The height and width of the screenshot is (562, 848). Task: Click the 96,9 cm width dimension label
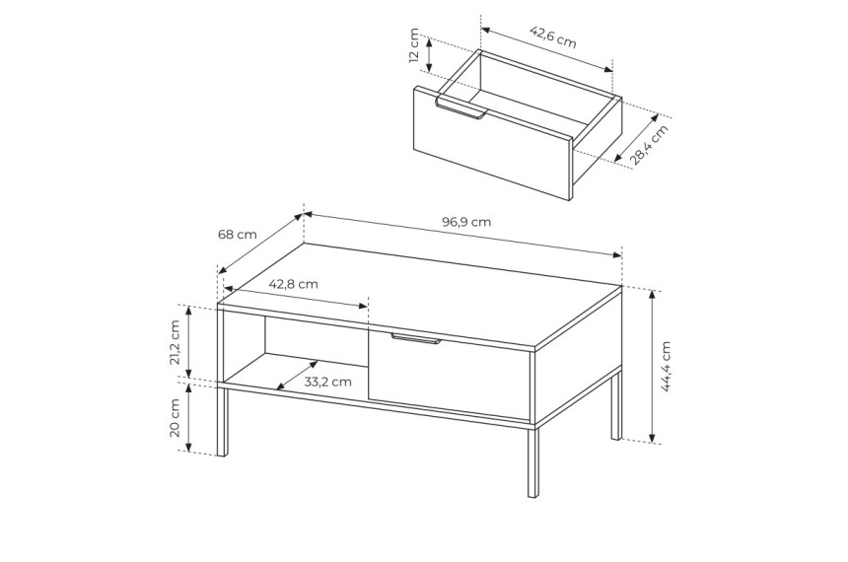(466, 222)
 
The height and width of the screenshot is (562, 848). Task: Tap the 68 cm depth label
(237, 235)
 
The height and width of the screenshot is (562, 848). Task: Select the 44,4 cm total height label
(666, 366)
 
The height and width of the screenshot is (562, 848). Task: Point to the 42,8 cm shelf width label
(293, 284)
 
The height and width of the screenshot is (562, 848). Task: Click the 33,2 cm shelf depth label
(327, 382)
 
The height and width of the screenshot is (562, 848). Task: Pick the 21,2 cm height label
(175, 342)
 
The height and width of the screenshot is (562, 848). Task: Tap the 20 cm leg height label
(175, 418)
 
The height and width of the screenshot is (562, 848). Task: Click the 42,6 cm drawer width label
(552, 37)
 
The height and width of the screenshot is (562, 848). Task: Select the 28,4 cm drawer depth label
(649, 144)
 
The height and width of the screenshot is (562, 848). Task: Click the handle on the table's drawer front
(416, 338)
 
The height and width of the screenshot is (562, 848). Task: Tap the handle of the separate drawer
(459, 107)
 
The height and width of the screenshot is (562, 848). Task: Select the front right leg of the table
(533, 461)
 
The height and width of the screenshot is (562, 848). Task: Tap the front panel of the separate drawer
(492, 144)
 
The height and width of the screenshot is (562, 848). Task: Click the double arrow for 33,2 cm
(297, 375)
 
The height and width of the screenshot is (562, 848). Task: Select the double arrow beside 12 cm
(429, 54)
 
